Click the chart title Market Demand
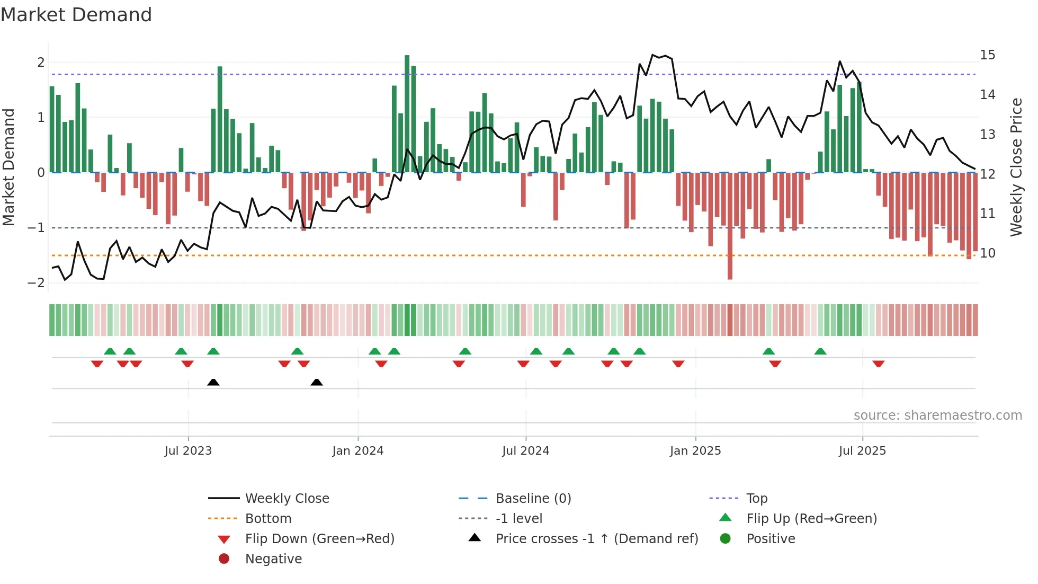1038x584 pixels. click(76, 15)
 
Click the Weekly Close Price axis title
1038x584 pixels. click(1016, 167)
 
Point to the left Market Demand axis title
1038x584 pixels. click(8, 167)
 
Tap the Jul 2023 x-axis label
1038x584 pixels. click(188, 451)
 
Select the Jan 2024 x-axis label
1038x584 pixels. click(357, 451)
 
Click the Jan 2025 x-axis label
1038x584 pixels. click(695, 451)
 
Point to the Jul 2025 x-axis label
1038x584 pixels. click(862, 451)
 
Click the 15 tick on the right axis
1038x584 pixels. click(987, 55)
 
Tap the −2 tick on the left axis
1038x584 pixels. click(36, 283)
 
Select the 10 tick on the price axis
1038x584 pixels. click(987, 253)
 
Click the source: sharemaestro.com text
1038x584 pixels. click(937, 415)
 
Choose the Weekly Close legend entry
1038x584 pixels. click(287, 499)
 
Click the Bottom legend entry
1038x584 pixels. click(268, 519)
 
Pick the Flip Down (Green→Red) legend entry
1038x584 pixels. click(319, 539)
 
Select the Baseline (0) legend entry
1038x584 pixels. click(533, 499)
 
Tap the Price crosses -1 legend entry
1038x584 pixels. click(596, 539)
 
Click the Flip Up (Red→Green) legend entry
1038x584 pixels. click(811, 519)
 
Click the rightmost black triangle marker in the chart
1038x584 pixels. click(317, 382)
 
